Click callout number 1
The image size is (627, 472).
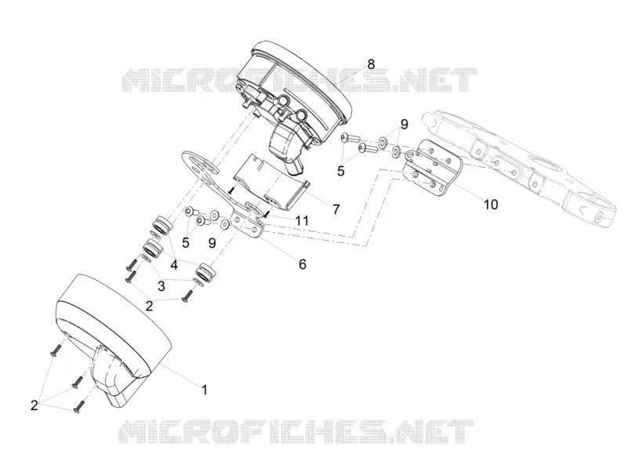point(205,389)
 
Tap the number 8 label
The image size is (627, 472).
point(371,64)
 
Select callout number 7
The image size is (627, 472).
point(335,209)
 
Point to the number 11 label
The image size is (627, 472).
point(303,220)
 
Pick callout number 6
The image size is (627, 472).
point(303,264)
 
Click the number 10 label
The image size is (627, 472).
point(491,205)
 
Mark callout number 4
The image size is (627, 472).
point(174,265)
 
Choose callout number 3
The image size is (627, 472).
point(161,286)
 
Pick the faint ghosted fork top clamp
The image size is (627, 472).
point(520,168)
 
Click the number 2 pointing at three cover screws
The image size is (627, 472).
point(34,405)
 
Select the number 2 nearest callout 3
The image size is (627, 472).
point(149,307)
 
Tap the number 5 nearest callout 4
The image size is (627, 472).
point(186,242)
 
